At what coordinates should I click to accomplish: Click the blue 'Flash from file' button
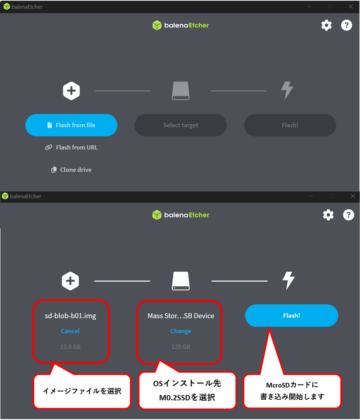coord(71,125)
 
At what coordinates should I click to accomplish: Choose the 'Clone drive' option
coord(71,170)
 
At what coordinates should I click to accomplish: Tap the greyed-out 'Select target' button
coord(180,125)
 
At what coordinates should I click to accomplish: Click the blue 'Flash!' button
coord(292,316)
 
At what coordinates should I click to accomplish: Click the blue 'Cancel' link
coord(70,331)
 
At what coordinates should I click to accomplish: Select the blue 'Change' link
coord(181,331)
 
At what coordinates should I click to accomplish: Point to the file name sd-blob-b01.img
coord(71,316)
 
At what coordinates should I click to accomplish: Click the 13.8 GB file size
coord(70,347)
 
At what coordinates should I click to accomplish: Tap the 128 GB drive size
coord(181,347)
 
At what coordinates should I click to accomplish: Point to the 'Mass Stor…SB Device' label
coord(181,316)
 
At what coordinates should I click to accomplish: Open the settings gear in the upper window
coord(327,26)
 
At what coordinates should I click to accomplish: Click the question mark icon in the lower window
coord(348,215)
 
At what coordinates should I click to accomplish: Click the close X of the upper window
coord(351,7)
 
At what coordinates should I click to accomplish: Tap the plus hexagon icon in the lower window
coord(71,281)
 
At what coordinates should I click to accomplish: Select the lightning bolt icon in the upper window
coord(287,90)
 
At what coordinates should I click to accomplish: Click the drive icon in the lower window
coord(181,281)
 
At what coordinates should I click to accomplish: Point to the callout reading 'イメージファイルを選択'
coord(82,391)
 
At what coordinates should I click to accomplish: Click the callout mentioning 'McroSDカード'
coord(292,391)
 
